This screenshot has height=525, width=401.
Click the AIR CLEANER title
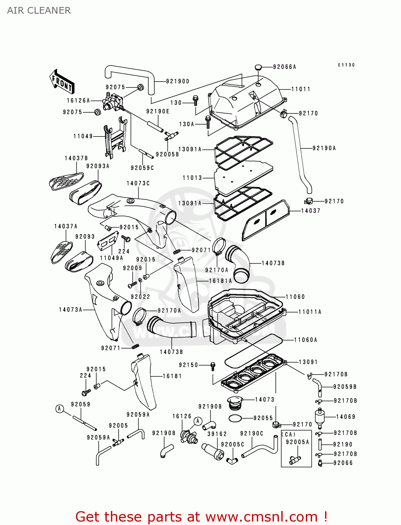click(x=39, y=10)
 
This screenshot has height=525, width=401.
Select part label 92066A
click(x=284, y=67)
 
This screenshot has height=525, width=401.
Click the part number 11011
click(x=301, y=89)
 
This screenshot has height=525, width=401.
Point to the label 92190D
click(x=178, y=81)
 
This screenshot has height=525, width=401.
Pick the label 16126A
click(x=78, y=101)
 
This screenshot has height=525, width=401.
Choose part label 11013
click(x=192, y=178)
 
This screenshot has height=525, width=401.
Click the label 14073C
click(x=138, y=183)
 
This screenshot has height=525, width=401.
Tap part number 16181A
click(x=220, y=281)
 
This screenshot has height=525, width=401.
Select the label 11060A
click(x=305, y=340)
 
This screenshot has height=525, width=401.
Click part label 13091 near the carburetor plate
click(x=308, y=362)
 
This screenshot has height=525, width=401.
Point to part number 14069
click(x=346, y=416)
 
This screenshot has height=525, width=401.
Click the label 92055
click(x=263, y=418)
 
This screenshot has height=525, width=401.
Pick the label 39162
click(x=217, y=434)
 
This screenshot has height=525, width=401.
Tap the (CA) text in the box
click(x=289, y=434)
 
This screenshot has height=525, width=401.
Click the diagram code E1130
click(x=346, y=65)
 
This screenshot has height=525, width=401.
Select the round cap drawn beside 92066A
click(x=258, y=67)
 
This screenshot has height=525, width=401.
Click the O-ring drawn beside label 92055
click(x=235, y=418)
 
